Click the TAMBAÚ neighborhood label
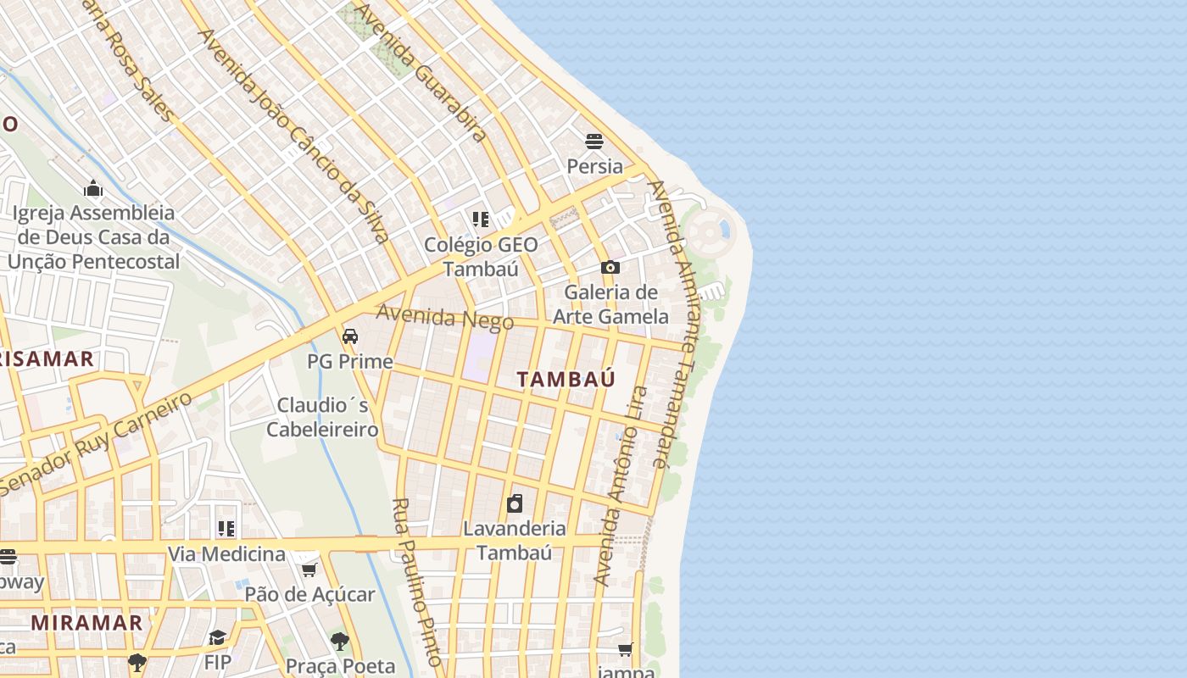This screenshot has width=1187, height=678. click(566, 379)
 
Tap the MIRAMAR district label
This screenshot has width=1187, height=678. click(86, 623)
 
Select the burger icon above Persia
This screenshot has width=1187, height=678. click(594, 142)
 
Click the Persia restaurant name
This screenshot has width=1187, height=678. click(594, 166)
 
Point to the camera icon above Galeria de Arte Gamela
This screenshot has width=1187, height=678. click(610, 268)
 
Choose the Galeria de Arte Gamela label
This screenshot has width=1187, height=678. click(610, 304)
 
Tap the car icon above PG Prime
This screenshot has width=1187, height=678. click(349, 336)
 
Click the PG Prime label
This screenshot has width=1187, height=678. click(349, 362)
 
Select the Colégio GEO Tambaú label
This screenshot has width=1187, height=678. click(481, 256)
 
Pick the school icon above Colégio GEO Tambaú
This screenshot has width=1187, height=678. click(481, 220)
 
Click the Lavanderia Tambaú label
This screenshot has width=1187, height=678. click(514, 540)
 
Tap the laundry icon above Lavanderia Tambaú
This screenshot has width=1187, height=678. click(514, 504)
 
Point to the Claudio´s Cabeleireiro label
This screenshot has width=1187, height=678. click(322, 416)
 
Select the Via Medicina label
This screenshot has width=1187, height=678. click(226, 554)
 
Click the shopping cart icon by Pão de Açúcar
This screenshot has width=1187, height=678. click(309, 570)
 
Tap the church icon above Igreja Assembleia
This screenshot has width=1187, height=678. click(93, 188)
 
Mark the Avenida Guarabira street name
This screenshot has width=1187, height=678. click(421, 72)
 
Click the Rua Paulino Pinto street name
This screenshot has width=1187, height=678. click(417, 581)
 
